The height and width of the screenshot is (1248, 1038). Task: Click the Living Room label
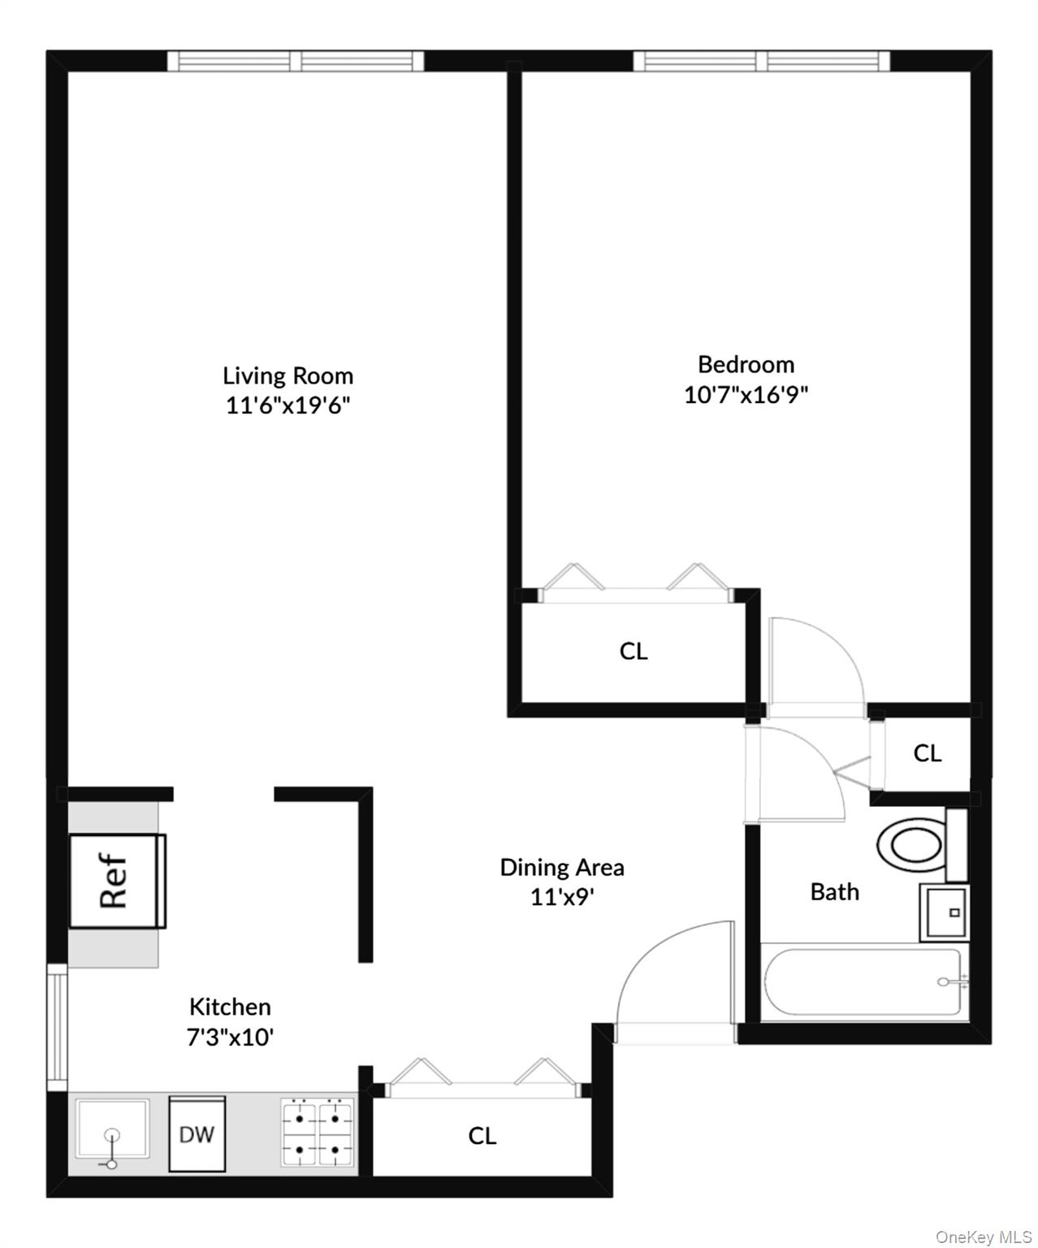(x=288, y=375)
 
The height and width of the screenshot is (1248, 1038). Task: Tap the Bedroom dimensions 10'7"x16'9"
(x=746, y=395)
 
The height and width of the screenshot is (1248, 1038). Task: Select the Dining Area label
(x=561, y=868)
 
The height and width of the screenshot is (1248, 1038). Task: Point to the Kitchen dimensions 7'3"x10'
(x=230, y=1038)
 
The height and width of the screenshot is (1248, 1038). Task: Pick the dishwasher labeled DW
(x=197, y=1133)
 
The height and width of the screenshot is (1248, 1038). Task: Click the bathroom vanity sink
(x=945, y=912)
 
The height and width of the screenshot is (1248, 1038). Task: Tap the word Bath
(x=834, y=892)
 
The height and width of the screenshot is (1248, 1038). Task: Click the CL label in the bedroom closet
(x=634, y=651)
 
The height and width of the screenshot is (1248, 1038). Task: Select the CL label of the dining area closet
(x=482, y=1135)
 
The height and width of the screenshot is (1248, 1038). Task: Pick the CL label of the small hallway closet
(x=927, y=753)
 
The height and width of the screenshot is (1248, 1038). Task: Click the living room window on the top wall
(x=296, y=61)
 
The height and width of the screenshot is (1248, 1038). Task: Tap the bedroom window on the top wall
(x=761, y=61)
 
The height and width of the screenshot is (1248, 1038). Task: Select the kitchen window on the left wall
(x=57, y=1027)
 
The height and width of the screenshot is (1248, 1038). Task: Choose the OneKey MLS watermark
(x=983, y=1237)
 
